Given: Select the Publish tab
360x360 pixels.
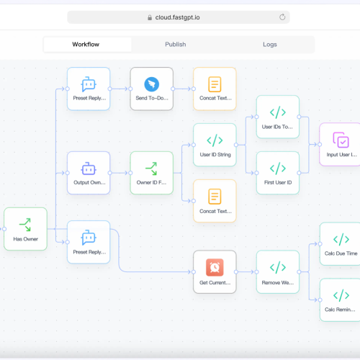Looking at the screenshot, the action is (x=176, y=45).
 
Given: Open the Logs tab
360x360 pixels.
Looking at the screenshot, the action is (x=270, y=45).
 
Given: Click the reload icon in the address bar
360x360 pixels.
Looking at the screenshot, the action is (x=282, y=17).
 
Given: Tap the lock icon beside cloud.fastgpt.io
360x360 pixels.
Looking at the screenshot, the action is (x=150, y=17).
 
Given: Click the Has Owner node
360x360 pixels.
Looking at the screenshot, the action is (x=25, y=229).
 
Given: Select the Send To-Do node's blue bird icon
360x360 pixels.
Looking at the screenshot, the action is (x=152, y=84).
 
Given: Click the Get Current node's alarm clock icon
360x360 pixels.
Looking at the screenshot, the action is (x=215, y=267).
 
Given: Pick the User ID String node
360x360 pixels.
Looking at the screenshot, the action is (x=215, y=145).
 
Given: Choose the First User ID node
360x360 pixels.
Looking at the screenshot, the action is (x=278, y=173).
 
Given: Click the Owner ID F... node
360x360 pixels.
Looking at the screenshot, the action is (x=152, y=173).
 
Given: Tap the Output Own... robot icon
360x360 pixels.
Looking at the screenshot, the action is (x=89, y=168).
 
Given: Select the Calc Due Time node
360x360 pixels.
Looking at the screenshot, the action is (x=341, y=243).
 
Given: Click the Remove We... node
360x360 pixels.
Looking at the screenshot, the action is (x=278, y=272).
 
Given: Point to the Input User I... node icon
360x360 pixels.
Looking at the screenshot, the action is (x=341, y=140).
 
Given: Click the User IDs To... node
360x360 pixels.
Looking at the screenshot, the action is (x=278, y=117).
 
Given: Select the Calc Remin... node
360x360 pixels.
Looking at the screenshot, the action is (x=341, y=300).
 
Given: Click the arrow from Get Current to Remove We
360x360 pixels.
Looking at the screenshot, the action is (x=246, y=272).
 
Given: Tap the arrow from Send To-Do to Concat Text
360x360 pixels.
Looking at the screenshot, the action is (x=182, y=89).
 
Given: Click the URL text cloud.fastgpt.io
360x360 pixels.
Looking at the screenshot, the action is (x=177, y=17).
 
